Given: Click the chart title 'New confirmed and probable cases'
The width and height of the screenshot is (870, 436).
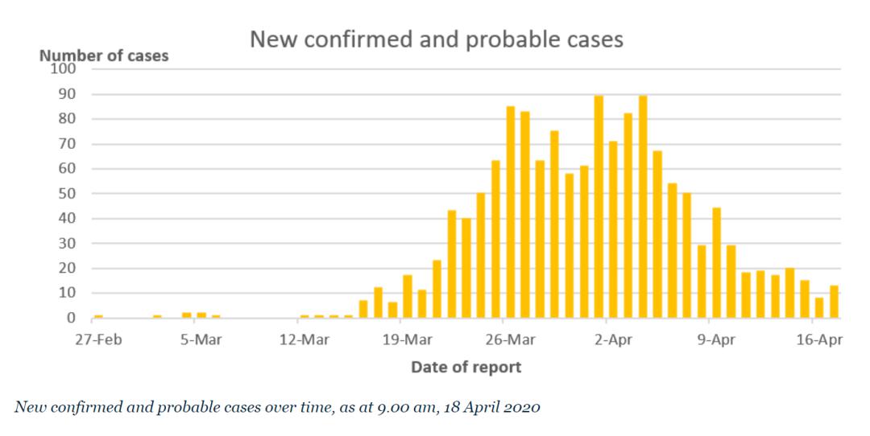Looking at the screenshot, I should point(436,39).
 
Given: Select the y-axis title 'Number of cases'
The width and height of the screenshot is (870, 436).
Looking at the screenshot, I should point(104,56).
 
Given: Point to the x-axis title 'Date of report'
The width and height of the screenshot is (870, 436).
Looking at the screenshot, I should point(466,368).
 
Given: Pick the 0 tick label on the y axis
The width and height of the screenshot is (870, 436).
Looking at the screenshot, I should point(71,319).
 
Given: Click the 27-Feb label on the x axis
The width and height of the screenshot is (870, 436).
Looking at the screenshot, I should point(97,339).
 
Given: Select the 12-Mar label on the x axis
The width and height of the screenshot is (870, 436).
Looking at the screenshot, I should point(304,339).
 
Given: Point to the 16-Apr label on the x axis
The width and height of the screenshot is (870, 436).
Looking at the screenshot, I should point(819,339).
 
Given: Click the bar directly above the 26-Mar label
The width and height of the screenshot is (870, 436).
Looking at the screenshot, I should point(511,212).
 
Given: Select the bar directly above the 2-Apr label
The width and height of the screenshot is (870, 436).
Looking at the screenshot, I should point(614,230).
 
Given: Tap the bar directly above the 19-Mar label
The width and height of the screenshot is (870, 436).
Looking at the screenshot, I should point(408,297).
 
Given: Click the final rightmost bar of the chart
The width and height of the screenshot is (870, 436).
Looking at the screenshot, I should point(835,302).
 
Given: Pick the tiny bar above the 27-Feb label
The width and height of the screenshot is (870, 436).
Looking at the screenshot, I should point(98,317).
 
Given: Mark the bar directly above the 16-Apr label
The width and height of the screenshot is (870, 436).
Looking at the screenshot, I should point(819,308).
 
